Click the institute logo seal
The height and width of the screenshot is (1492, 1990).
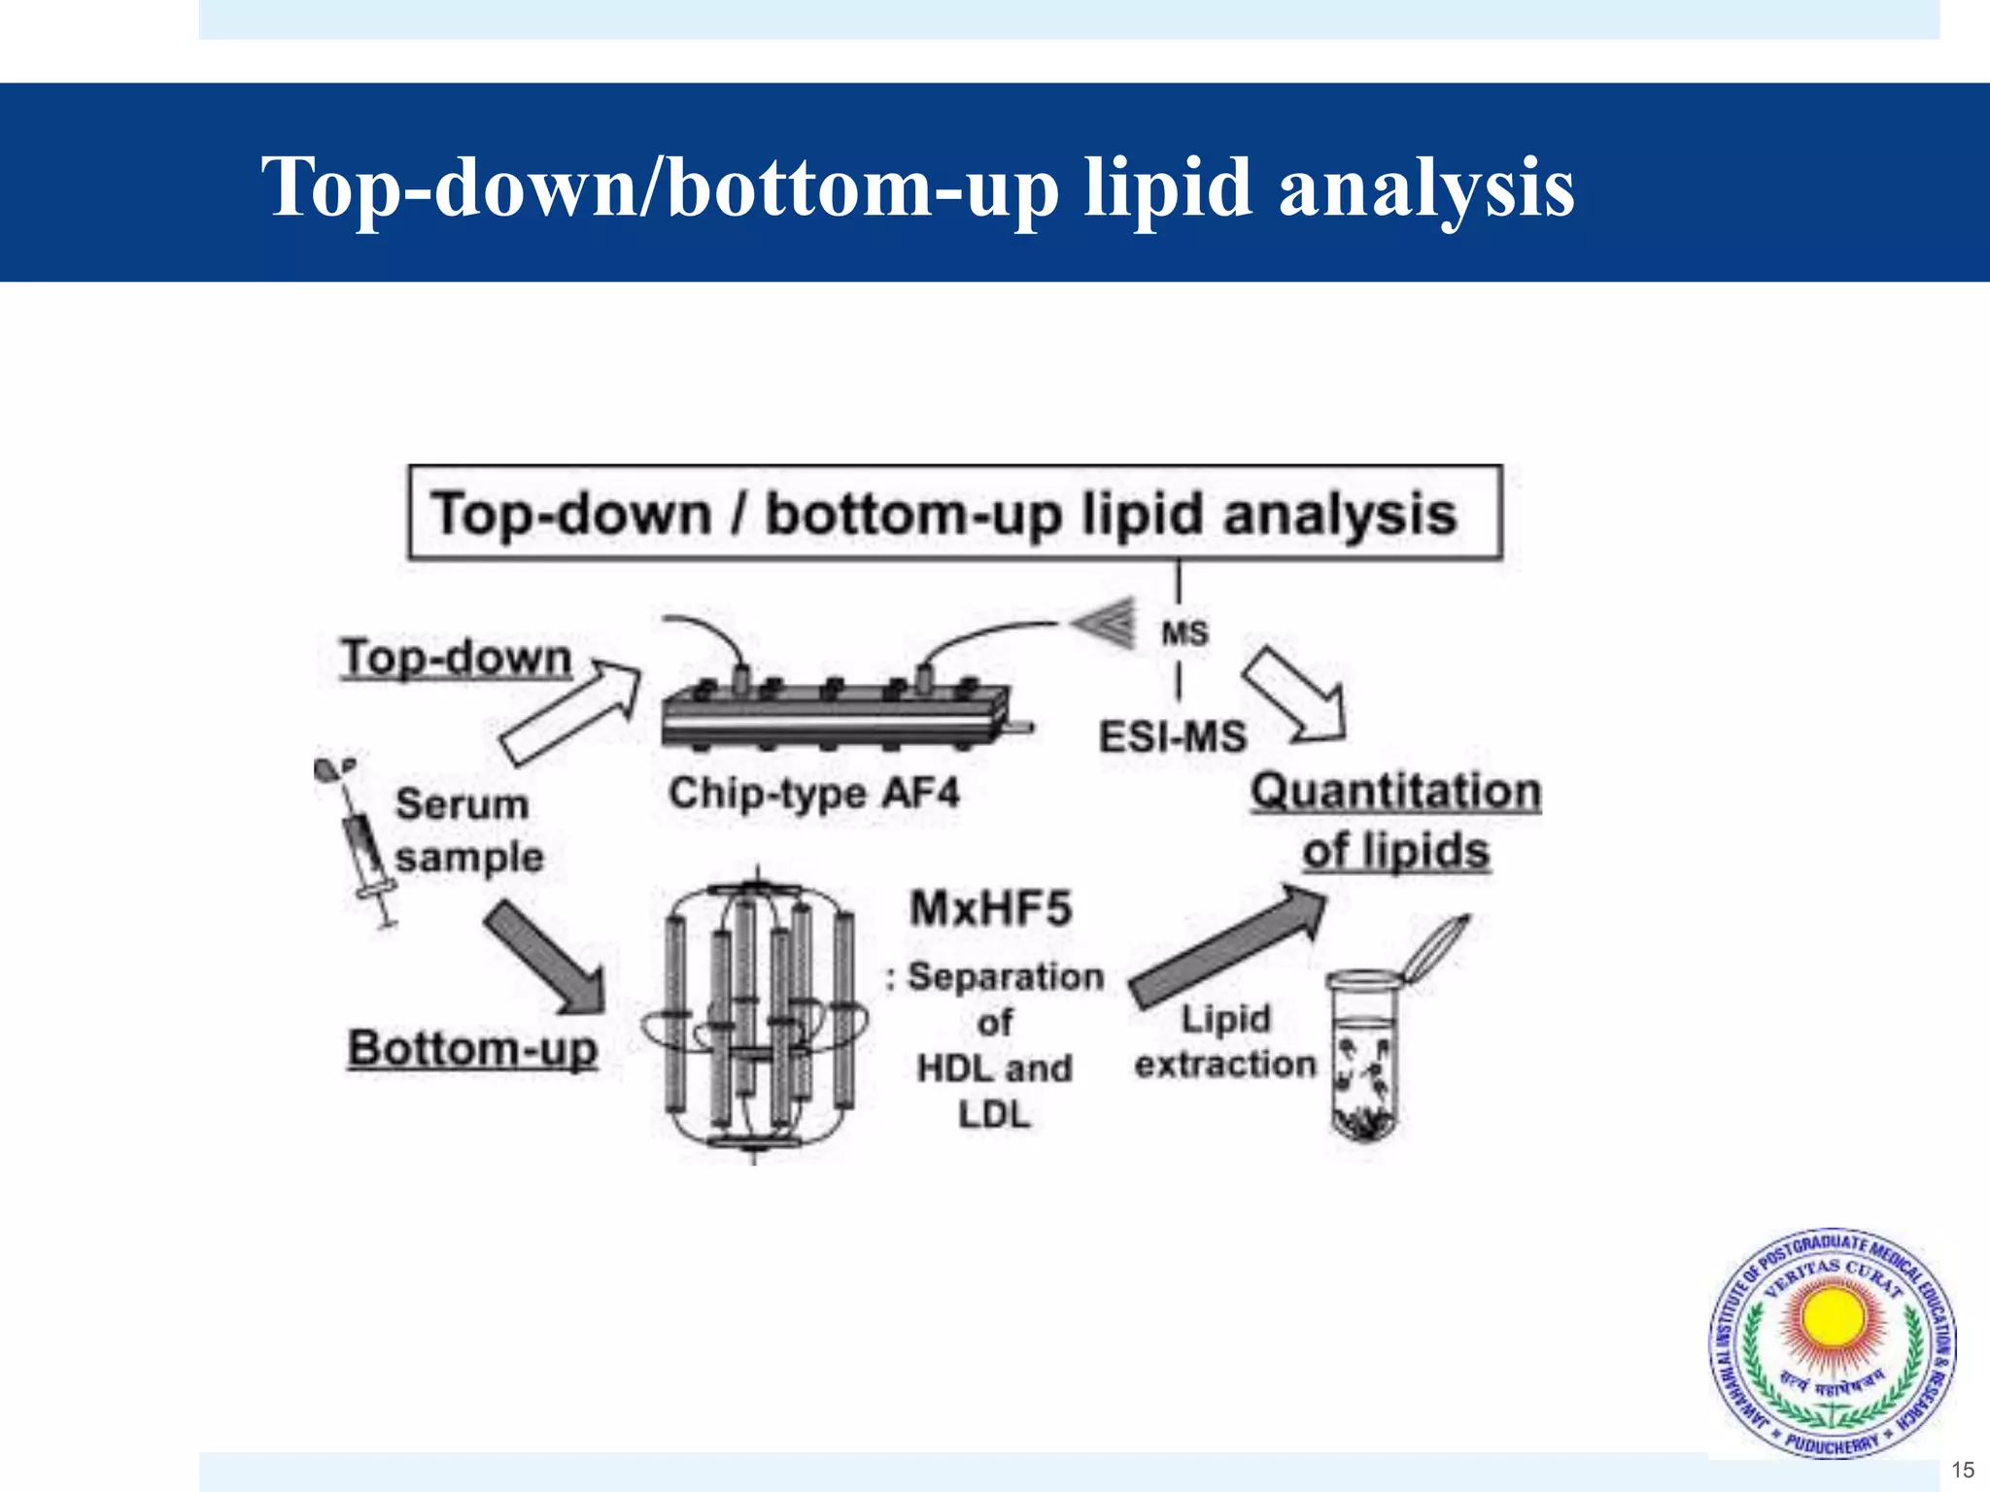point(1833,1344)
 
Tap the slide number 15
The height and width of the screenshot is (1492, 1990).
point(1962,1470)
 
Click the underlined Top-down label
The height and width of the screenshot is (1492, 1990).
point(456,658)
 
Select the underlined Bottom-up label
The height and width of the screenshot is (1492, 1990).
point(472,1049)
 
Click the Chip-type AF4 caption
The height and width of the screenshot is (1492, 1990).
point(813,793)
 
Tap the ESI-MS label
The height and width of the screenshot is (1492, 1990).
point(1172,736)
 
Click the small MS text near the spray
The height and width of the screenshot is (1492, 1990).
point(1184,633)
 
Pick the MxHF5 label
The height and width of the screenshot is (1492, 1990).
point(990,908)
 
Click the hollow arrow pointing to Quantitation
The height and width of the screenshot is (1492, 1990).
point(1296,695)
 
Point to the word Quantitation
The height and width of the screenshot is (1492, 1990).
point(1395,792)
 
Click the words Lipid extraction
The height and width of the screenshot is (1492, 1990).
point(1225,1041)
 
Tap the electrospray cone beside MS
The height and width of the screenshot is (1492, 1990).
point(1105,622)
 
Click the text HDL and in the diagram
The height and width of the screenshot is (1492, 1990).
point(994,1068)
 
